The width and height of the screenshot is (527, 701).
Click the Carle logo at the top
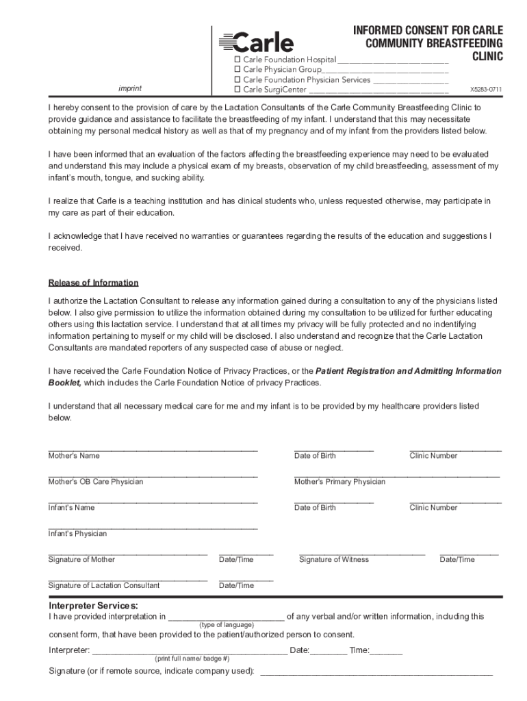pyautogui.click(x=256, y=43)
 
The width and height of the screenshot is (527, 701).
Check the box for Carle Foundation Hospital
pyautogui.click(x=238, y=60)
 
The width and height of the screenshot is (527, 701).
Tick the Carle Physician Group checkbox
pyautogui.click(x=238, y=70)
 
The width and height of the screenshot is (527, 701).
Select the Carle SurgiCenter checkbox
pyautogui.click(x=238, y=90)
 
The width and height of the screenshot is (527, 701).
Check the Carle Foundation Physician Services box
pyautogui.click(x=238, y=79)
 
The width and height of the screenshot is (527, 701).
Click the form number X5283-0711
pyautogui.click(x=485, y=90)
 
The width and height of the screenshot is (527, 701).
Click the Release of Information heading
pyautogui.click(x=93, y=283)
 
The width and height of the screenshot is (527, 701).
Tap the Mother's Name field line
pyautogui.click(x=152, y=449)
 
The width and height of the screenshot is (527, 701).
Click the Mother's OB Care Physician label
pyautogui.click(x=95, y=482)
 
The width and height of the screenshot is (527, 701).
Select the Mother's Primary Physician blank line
pyautogui.click(x=396, y=475)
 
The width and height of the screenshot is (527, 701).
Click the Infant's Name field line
pyautogui.click(x=152, y=501)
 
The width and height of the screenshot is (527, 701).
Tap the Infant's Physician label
pyautogui.click(x=77, y=534)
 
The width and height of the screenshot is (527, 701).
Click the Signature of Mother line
pyautogui.click(x=127, y=553)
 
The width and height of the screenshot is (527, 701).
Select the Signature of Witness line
pyautogui.click(x=362, y=553)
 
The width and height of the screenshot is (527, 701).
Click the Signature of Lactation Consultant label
pyautogui.click(x=103, y=586)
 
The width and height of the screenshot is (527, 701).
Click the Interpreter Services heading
pyautogui.click(x=93, y=607)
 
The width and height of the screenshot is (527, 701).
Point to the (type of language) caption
pyautogui.click(x=227, y=625)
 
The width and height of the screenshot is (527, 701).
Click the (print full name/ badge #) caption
pyautogui.click(x=192, y=659)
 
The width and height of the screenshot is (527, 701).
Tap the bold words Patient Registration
pyautogui.click(x=355, y=371)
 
